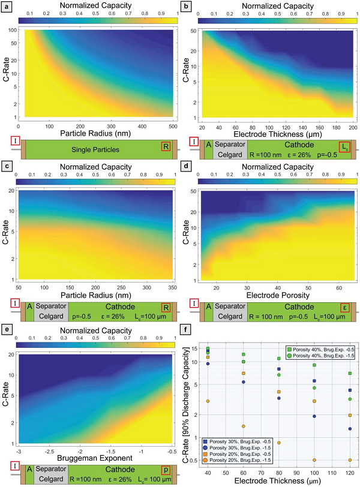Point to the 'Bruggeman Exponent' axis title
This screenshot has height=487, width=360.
94,459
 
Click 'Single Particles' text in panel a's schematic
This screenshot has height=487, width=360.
94,149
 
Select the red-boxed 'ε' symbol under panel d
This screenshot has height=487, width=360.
344,306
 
